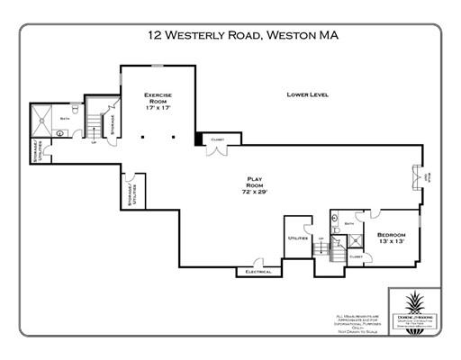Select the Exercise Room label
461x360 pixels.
tap(158, 100)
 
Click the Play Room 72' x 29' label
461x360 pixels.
tap(249, 185)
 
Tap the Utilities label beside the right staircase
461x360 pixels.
tap(298, 238)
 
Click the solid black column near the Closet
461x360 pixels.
tap(199, 138)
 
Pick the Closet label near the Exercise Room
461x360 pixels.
tap(217, 140)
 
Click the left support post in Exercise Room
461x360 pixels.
tap(142, 138)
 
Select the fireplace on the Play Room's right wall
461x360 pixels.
tap(417, 176)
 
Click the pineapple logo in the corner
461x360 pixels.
tap(412, 304)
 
